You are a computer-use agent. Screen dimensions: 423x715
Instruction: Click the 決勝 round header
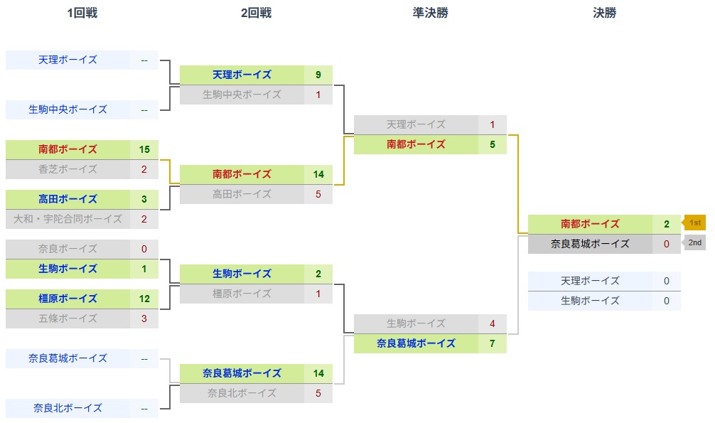[x=604, y=13]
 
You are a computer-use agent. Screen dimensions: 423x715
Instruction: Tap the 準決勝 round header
[x=430, y=13]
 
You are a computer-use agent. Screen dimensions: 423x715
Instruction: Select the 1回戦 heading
[x=82, y=13]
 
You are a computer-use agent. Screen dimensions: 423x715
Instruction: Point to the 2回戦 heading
[x=256, y=13]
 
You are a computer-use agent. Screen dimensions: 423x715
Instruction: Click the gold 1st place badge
[x=694, y=223]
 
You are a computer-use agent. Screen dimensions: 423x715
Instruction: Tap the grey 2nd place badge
[x=694, y=242]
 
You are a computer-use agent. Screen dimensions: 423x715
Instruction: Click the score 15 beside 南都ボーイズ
[x=144, y=149]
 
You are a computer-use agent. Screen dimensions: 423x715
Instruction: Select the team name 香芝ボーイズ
[x=68, y=169]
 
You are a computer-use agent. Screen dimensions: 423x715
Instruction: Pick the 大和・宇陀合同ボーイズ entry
[x=68, y=219]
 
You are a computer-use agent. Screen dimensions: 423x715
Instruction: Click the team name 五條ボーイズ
[x=68, y=318]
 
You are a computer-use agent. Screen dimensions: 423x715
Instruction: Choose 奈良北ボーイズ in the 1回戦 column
[x=68, y=408]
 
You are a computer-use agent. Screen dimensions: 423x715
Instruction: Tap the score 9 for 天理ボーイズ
[x=318, y=75]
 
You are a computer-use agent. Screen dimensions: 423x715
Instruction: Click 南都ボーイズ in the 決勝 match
[x=590, y=224]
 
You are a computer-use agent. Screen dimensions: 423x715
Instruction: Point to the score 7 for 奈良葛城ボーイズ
[x=492, y=343]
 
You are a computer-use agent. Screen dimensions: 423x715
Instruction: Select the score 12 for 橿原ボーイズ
[x=144, y=299]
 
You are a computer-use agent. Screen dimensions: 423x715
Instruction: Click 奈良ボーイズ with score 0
[x=68, y=249]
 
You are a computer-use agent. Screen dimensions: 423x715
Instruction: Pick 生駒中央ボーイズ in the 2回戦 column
[x=242, y=95]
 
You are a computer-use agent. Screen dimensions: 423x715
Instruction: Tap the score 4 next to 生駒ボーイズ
[x=492, y=323]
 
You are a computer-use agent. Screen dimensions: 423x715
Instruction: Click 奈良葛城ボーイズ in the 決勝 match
[x=590, y=244]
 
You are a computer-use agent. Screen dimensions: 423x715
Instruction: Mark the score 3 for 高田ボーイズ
[x=144, y=199]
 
